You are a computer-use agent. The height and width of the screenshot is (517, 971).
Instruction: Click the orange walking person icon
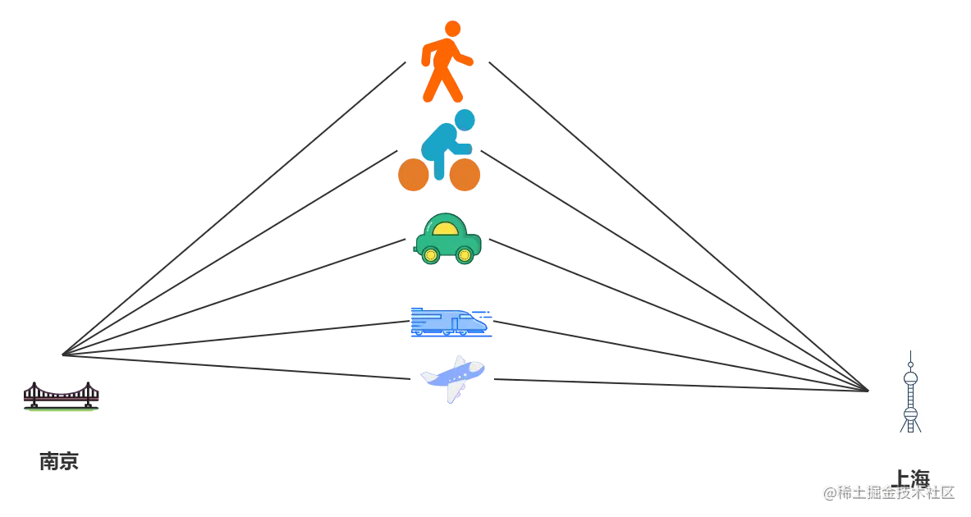pos(445,62)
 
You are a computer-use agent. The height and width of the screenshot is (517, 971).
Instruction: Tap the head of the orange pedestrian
pos(452,28)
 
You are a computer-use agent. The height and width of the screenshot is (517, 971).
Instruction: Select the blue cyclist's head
pos(465,121)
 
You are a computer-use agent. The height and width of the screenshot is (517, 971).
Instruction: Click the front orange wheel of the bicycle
pos(465,175)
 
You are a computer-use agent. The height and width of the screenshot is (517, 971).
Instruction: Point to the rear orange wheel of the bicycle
pos(412,175)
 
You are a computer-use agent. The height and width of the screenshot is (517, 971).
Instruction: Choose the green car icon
pos(448,239)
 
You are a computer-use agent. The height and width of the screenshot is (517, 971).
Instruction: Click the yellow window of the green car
pos(448,227)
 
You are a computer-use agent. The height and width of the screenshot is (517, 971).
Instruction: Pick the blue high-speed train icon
pos(450,323)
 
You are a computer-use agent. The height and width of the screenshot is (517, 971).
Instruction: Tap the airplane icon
pos(453,378)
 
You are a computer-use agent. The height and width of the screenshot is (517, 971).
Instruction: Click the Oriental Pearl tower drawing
pos(909,391)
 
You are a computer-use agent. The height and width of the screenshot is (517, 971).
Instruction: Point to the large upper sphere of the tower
pos(909,378)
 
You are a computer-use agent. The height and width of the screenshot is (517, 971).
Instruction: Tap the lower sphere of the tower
pos(909,411)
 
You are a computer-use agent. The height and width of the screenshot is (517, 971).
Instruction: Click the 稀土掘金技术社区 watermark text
pos(890,492)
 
